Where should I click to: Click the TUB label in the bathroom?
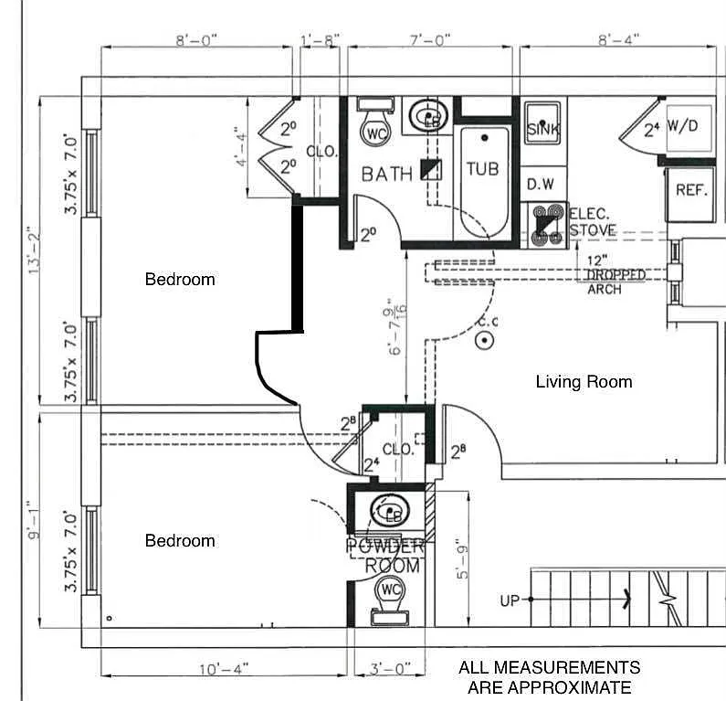point(482,169)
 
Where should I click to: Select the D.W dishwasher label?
point(540,184)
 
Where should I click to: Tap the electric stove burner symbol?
point(546,224)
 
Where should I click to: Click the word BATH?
point(386,173)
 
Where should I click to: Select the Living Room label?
point(584,381)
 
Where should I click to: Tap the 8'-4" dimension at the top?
point(618,38)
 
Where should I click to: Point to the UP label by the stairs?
point(510,600)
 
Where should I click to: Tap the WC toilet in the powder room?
point(392,591)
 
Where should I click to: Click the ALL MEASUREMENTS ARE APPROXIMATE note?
point(549,677)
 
